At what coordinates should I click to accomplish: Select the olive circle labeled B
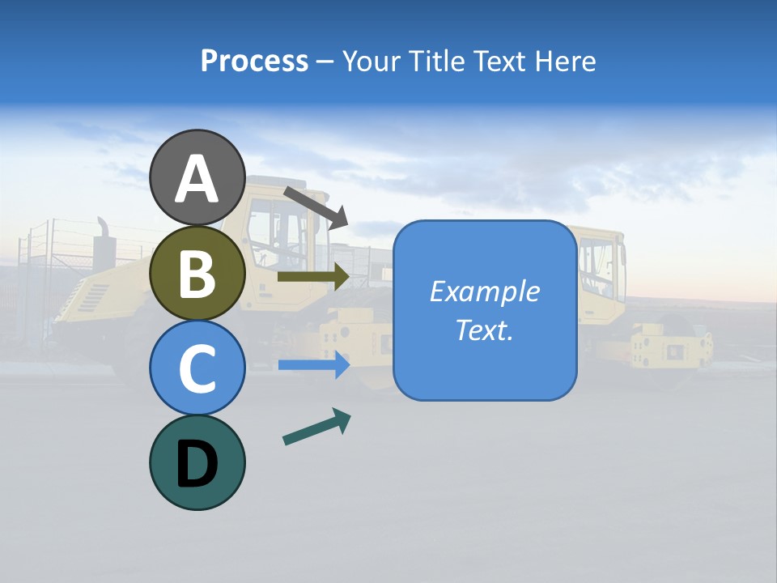pos(197,274)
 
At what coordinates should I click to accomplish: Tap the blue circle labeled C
pos(197,368)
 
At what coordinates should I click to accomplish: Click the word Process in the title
pos(254,61)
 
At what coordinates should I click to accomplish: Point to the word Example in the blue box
pos(484,291)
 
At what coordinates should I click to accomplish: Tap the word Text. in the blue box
pos(484,330)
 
